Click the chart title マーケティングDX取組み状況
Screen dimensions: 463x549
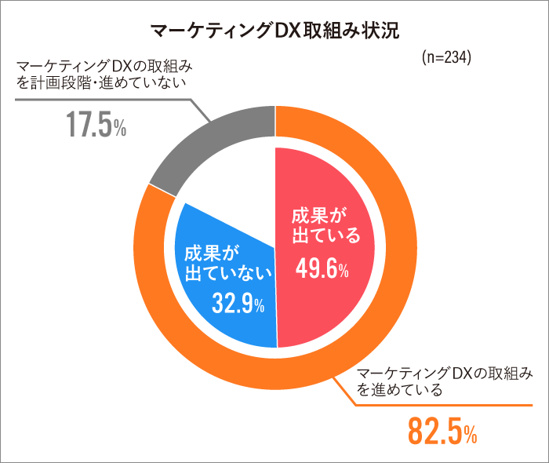coord(274,31)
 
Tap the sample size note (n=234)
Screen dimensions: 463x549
coord(445,58)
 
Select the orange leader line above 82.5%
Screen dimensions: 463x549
coord(439,406)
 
